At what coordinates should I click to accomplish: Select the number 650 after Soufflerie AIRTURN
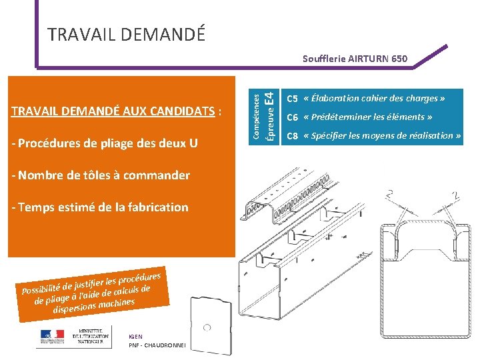coord(398,59)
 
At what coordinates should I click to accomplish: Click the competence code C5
coord(291,99)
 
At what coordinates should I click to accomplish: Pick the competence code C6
coord(291,117)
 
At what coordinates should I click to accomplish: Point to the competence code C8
coord(291,136)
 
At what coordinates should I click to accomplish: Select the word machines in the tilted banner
coord(116,304)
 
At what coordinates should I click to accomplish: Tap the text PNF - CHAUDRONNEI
coord(159,345)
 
